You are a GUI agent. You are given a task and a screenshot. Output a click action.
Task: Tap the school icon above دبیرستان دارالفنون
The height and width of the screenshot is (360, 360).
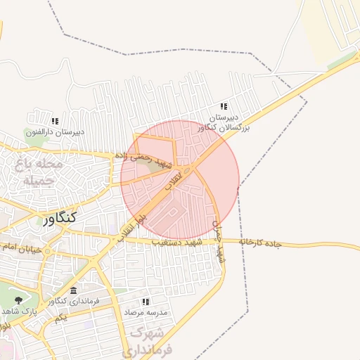point(54,121)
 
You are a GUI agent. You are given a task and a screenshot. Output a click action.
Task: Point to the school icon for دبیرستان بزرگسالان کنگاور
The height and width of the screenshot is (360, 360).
point(224,105)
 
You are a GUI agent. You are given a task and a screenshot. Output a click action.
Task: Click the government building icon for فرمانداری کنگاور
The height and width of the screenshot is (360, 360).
point(74,291)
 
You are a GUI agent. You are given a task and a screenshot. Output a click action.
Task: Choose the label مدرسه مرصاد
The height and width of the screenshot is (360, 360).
point(146,310)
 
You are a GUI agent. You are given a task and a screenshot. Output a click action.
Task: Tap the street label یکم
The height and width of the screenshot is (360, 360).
point(60,319)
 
